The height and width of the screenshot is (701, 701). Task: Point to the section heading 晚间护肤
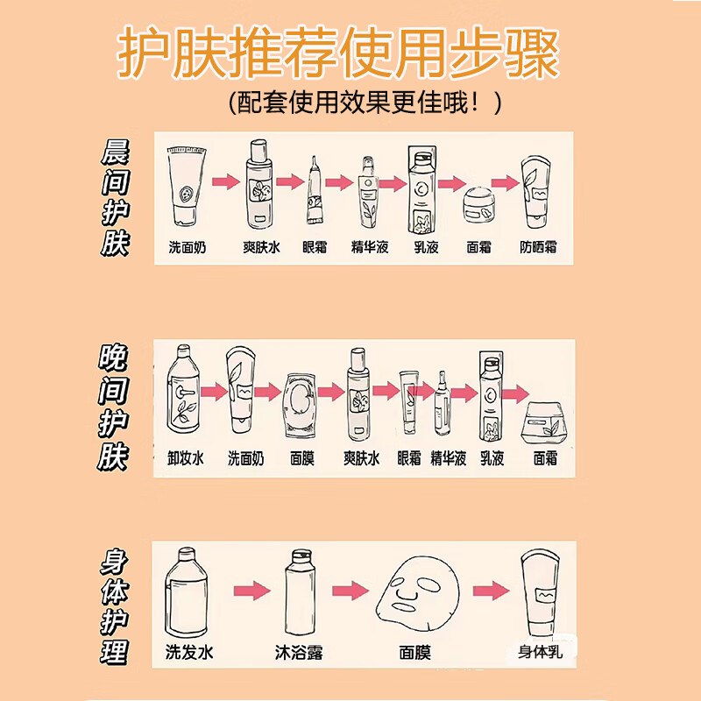[x=115, y=408]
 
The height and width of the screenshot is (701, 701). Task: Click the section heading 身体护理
[x=115, y=605]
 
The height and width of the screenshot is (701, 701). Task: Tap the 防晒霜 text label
[x=538, y=247]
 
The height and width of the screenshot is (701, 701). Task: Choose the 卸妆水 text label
[x=185, y=458]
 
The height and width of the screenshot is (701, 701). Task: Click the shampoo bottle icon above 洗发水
[x=186, y=593]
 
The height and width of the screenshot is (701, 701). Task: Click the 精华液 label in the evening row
[x=449, y=458]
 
